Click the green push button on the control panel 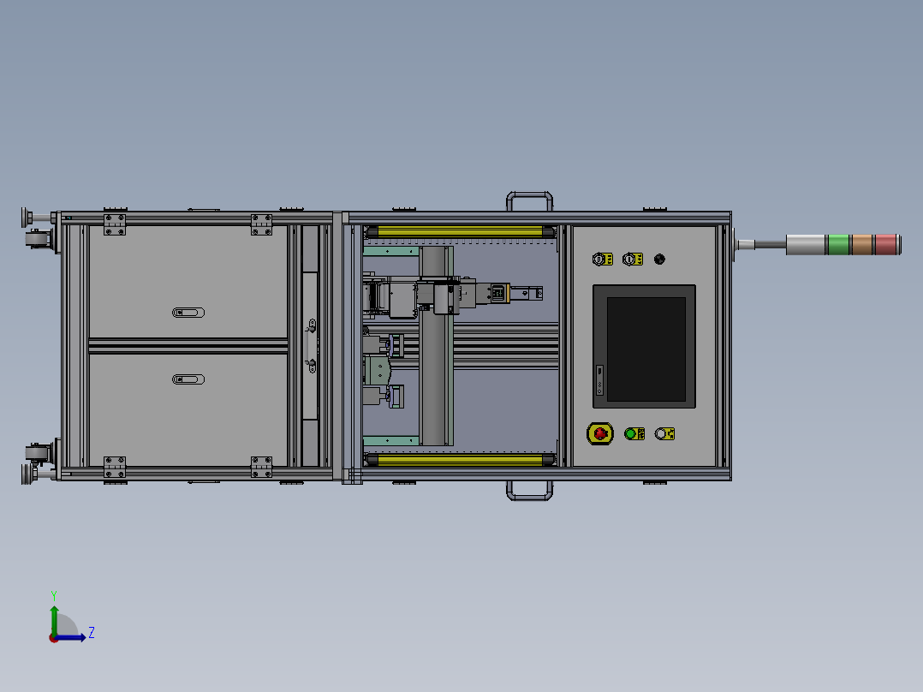click(x=630, y=434)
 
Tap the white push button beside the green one click(x=661, y=434)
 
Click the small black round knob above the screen click(x=659, y=259)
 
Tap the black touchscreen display click(x=646, y=349)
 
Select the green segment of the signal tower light click(x=838, y=244)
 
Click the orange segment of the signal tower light click(x=861, y=244)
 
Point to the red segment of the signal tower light click(x=885, y=244)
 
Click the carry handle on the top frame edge click(x=529, y=194)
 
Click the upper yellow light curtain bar click(x=460, y=232)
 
